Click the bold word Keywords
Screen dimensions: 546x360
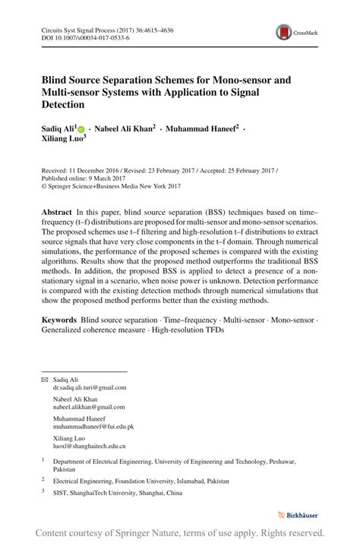(59, 321)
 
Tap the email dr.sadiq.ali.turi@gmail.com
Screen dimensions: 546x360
(90, 387)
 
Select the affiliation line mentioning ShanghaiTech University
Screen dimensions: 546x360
(118, 493)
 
